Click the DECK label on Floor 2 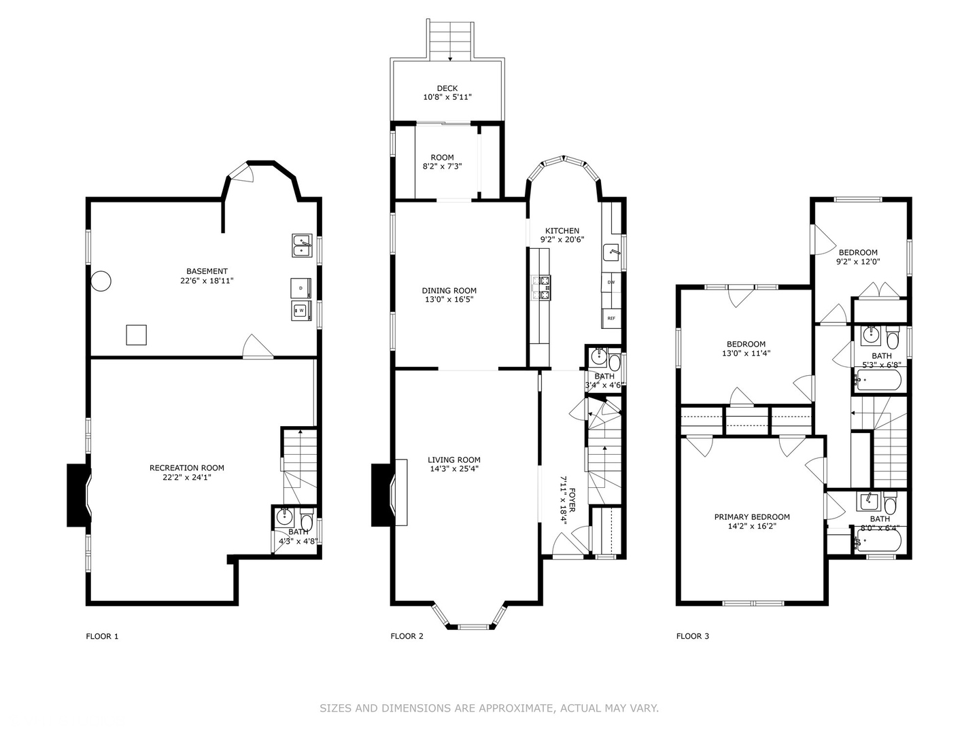447,88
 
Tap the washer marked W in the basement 301,310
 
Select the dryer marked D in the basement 300,288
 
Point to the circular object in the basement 101,281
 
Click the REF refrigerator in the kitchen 611,318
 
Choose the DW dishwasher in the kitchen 611,282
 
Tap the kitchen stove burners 540,288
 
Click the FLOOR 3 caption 693,636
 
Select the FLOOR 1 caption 102,636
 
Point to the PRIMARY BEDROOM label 752,517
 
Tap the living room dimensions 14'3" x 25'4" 453,468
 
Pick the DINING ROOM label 449,291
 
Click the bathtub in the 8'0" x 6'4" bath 878,540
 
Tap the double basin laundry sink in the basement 302,245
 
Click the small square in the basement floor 136,334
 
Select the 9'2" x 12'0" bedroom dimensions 858,262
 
